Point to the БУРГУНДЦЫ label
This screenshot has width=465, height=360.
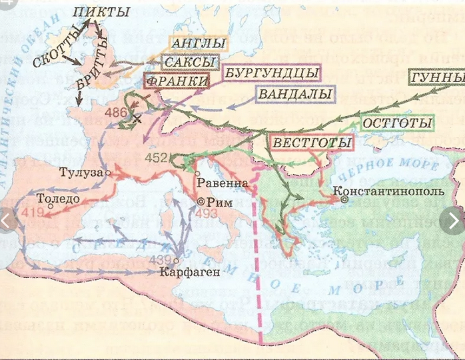pos(270,71)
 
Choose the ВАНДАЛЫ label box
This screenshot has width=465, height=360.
pos(292,94)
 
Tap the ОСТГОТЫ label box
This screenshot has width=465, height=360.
pos(397,123)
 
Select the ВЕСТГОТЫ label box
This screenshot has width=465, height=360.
pos(312,143)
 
